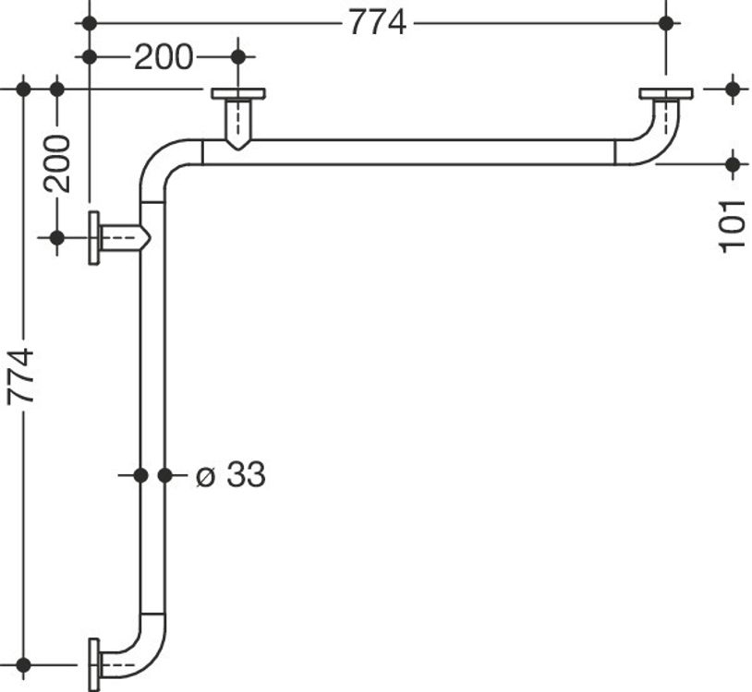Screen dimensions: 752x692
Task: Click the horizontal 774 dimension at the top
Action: [x=378, y=22]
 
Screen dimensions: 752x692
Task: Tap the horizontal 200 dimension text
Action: [x=164, y=57]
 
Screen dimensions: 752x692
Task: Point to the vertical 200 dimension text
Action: [x=56, y=164]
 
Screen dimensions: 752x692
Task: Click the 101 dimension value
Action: [x=732, y=227]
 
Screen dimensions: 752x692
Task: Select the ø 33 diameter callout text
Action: [x=231, y=474]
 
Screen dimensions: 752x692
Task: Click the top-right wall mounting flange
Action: [x=666, y=94]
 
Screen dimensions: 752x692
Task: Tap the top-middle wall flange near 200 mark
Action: [x=238, y=94]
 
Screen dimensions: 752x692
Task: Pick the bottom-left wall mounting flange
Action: [x=94, y=665]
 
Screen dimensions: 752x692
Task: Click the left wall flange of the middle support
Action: [x=94, y=237]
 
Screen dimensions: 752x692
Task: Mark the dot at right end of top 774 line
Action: [x=666, y=23]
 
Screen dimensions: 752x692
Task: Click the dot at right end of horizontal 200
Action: [x=238, y=57]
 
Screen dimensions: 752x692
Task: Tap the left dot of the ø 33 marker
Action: [x=140, y=475]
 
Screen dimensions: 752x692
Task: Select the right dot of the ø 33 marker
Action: [x=165, y=475]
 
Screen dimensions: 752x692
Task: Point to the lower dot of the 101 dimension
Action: [x=733, y=165]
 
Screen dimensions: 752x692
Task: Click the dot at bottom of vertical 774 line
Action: [x=23, y=665]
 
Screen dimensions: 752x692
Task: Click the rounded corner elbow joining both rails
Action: [x=158, y=158]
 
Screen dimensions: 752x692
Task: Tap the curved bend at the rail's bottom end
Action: [x=144, y=660]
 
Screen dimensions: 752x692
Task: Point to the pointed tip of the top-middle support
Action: [x=238, y=149]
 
